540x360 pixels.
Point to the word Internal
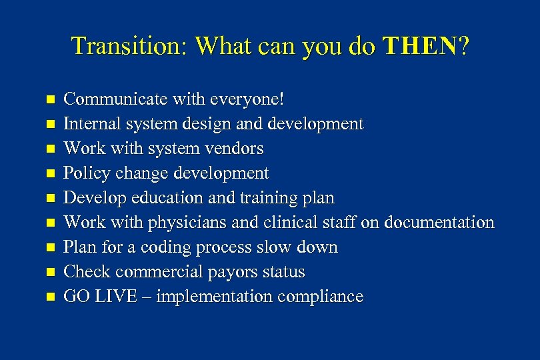89,124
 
